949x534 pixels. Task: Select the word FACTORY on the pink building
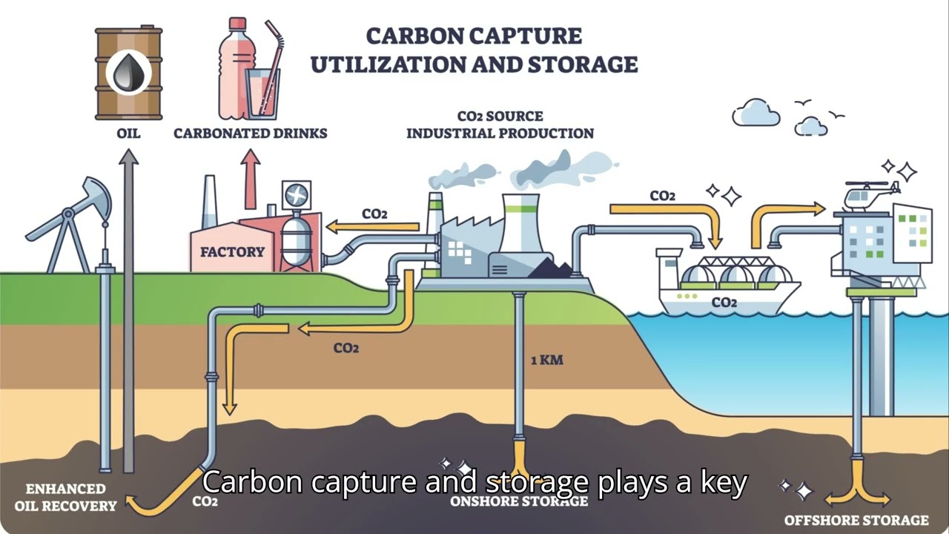click(x=232, y=252)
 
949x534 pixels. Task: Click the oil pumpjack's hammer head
click(x=97, y=195)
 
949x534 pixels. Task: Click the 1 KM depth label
click(x=547, y=360)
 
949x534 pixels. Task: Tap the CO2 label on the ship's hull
click(x=724, y=303)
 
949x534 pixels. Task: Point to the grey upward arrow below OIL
click(x=129, y=297)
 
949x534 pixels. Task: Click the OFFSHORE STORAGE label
click(x=856, y=521)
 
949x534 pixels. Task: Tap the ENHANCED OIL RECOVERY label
click(x=65, y=498)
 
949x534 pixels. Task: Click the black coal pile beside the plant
click(x=549, y=268)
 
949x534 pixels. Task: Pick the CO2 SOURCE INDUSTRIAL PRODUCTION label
click(x=500, y=125)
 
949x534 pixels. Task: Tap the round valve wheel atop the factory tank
click(x=297, y=196)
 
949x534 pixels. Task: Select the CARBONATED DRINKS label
click(x=250, y=133)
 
